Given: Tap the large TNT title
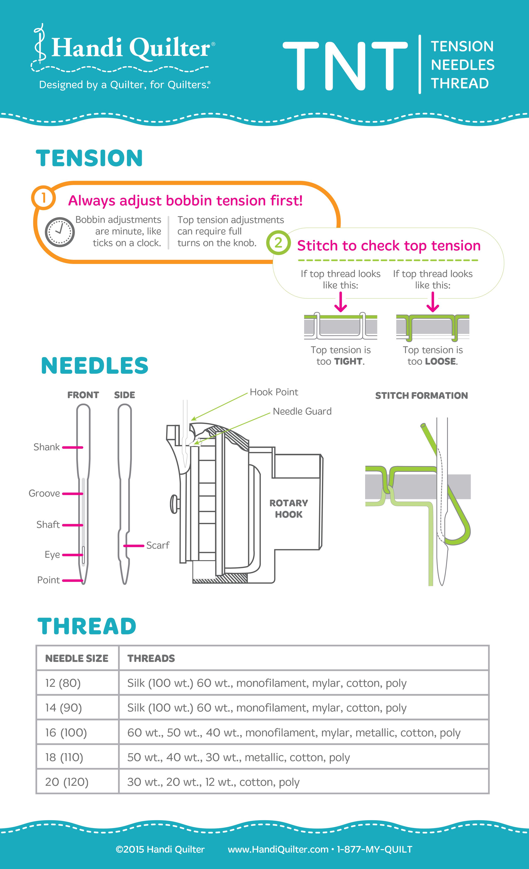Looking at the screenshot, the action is click(345, 66).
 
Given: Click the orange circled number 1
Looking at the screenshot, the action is click(43, 198).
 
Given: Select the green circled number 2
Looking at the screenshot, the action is click(278, 243).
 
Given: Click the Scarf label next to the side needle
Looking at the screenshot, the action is click(158, 545).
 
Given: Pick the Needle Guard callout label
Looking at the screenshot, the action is click(302, 411).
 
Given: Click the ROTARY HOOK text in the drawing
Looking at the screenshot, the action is click(289, 509).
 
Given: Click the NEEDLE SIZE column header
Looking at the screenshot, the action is click(77, 658).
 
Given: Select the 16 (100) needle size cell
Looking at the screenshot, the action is click(66, 733).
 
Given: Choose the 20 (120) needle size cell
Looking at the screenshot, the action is click(67, 782).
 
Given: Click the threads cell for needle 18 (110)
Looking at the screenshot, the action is click(238, 758).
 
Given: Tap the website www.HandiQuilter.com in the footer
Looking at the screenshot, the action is click(278, 850).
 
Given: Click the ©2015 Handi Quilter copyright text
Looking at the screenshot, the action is click(160, 850).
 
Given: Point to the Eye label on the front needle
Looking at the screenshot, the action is click(52, 555).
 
